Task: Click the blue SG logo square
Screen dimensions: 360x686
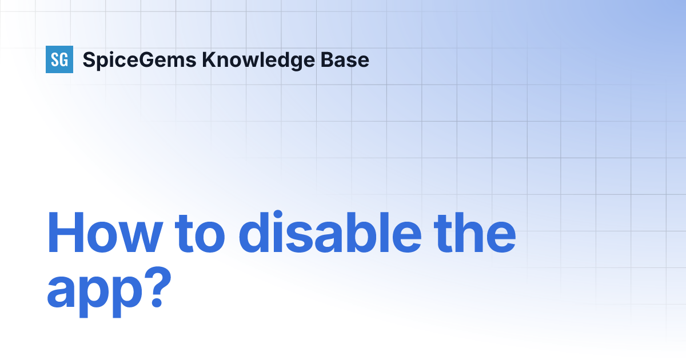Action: pyautogui.click(x=59, y=59)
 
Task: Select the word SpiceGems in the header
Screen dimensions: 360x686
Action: pyautogui.click(x=138, y=59)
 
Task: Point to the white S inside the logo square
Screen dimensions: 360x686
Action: pyautogui.click(x=55, y=59)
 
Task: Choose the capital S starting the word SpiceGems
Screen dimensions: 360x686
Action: pyautogui.click(x=88, y=59)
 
